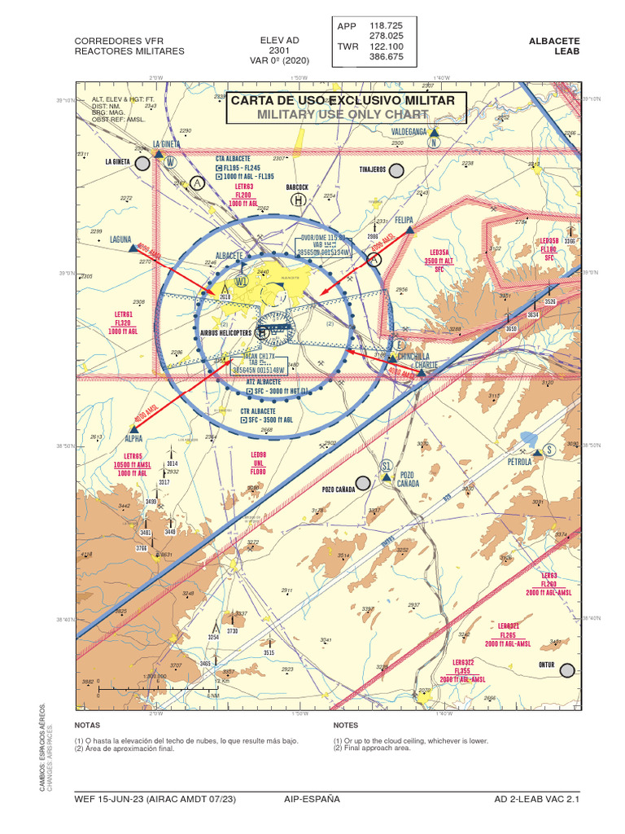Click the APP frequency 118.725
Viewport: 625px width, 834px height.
coord(386,26)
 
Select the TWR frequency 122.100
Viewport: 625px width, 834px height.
coord(386,46)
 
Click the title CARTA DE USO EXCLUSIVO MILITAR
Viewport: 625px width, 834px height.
coord(348,100)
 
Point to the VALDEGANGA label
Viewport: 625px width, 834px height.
coord(409,131)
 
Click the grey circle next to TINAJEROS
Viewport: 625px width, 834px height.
coord(396,170)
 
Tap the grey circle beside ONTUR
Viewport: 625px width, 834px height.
coord(567,669)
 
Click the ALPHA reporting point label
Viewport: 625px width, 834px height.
coord(134,437)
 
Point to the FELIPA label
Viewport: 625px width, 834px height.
coord(404,221)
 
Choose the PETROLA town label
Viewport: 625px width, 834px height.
coord(518,462)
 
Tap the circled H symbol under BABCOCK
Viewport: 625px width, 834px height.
coord(298,200)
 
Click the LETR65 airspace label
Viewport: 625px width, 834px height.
coord(133,456)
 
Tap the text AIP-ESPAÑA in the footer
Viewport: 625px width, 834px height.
coord(312,799)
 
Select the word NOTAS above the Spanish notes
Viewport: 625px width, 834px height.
coord(86,724)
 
